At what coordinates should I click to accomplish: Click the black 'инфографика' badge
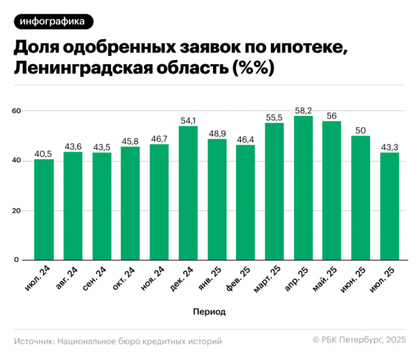[52, 22]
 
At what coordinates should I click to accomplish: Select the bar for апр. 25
[303, 189]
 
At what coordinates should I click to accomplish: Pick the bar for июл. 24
[44, 210]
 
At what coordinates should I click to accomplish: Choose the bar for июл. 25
[390, 206]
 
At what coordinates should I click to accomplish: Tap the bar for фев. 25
[245, 203]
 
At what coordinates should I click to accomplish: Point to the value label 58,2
[303, 110]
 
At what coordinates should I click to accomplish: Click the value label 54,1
[188, 120]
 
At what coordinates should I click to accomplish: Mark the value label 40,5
[44, 154]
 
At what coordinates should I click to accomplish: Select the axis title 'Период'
[209, 310]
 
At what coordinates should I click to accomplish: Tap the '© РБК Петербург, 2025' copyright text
[358, 341]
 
